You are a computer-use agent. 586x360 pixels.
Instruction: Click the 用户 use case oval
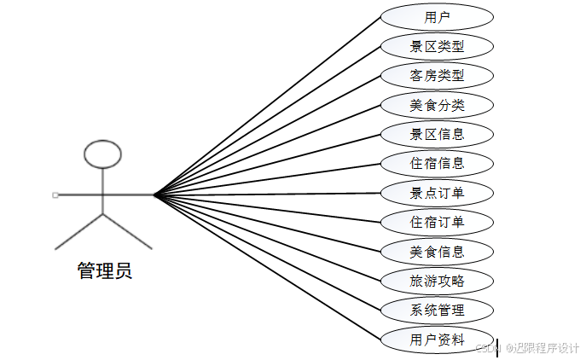click(437, 16)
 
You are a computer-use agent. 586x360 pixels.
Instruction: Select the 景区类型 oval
click(437, 45)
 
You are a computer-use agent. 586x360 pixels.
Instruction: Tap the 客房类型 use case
click(437, 75)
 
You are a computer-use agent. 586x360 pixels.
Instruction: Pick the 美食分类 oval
click(437, 105)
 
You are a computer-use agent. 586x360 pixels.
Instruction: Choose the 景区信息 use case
click(437, 134)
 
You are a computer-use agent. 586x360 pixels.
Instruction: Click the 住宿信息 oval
click(437, 163)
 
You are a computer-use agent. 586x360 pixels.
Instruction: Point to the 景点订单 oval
click(437, 193)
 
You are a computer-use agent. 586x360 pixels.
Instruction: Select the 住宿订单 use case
click(437, 223)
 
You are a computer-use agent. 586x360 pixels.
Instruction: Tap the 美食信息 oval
click(437, 252)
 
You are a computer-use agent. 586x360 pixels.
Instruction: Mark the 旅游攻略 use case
click(437, 281)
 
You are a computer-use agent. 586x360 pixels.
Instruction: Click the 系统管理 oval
click(437, 310)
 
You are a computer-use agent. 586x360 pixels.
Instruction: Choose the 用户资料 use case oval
click(437, 339)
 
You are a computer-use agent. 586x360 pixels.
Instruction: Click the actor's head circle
click(102, 154)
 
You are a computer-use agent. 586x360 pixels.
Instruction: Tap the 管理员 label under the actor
click(104, 272)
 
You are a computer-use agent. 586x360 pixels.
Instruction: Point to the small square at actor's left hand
click(55, 195)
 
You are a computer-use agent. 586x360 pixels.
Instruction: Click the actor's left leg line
click(79, 231)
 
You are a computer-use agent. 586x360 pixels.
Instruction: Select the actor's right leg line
click(127, 231)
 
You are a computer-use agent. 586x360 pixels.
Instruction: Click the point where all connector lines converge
click(154, 195)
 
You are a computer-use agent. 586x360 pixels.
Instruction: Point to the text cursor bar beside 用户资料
click(497, 345)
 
